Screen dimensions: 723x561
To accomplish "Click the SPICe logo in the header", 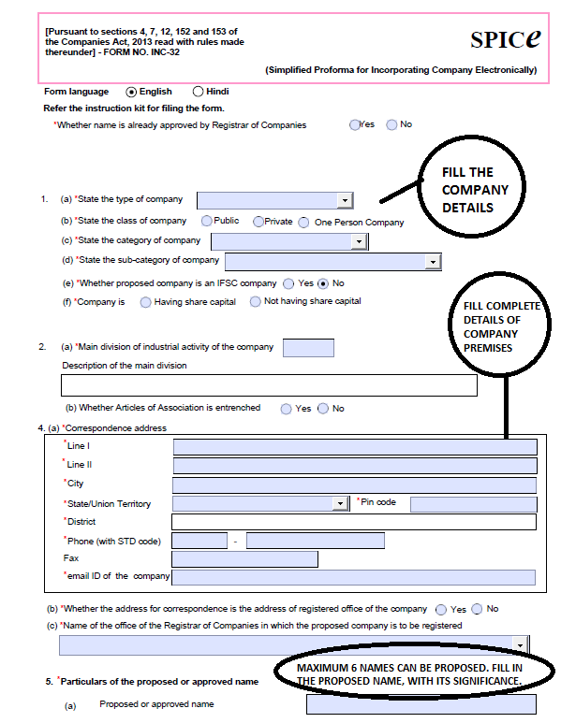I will [506, 39].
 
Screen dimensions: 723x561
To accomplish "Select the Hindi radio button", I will [198, 92].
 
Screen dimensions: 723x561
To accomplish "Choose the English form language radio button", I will [131, 92].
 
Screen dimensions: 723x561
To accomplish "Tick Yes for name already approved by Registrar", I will [355, 124].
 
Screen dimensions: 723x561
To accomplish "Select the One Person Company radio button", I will [303, 223].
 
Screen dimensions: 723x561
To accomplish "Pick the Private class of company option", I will [258, 222].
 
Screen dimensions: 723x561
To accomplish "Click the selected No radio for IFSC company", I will [323, 283].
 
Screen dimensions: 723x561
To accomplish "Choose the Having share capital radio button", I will [145, 302].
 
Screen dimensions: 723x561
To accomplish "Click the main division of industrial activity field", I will [307, 348].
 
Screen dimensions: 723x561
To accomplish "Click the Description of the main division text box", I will [269, 385].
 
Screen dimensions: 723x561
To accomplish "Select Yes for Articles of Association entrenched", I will [285, 409].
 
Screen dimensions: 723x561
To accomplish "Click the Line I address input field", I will [355, 447].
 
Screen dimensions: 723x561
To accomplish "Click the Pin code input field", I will [472, 504].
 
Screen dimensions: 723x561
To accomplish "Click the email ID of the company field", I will [353, 577].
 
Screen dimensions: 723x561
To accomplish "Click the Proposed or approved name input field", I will [421, 704].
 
